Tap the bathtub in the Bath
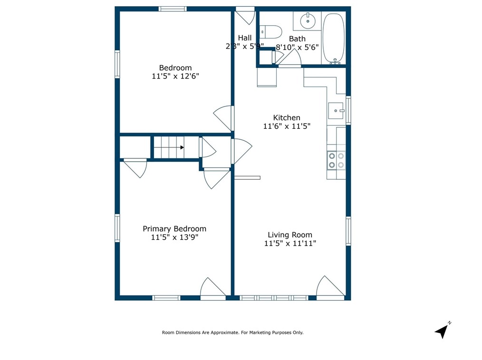(x=334, y=39)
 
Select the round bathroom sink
(x=308, y=20)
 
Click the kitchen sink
(x=337, y=110)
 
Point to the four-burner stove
(x=336, y=160)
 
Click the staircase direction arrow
(x=182, y=147)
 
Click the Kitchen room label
(x=286, y=117)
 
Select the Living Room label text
(x=290, y=234)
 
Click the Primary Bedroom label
(x=174, y=229)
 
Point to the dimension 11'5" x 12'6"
(x=175, y=76)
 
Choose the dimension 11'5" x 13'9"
(x=174, y=237)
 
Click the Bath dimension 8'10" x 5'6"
(x=298, y=47)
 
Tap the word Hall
(x=245, y=38)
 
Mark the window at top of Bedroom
(x=173, y=9)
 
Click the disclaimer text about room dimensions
(x=232, y=333)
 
